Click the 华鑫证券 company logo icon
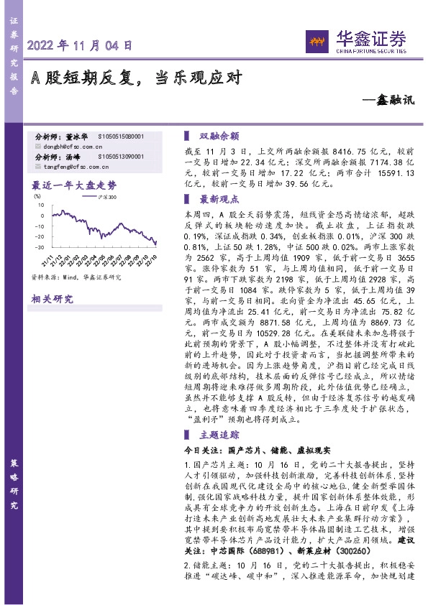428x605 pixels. (x=314, y=41)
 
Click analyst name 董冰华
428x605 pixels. (x=76, y=136)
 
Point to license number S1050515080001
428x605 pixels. (x=120, y=136)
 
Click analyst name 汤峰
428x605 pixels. (x=72, y=156)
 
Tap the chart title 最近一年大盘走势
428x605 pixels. (x=74, y=185)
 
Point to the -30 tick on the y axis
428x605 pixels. (x=36, y=247)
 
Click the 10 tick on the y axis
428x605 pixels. (x=37, y=205)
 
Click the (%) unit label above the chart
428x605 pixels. (x=37, y=195)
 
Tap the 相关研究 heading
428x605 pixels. (x=53, y=299)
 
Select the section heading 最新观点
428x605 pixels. (x=219, y=199)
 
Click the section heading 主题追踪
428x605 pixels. (x=219, y=434)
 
